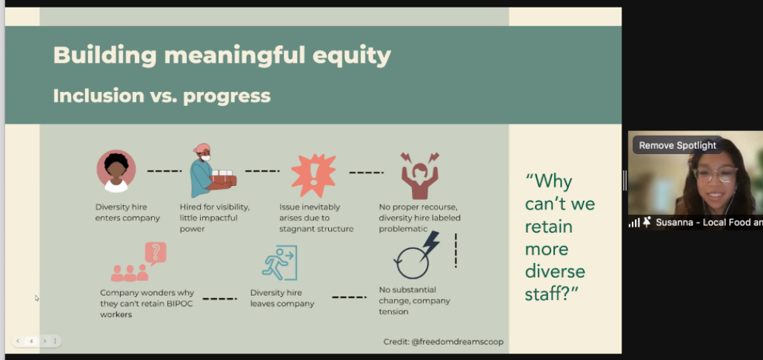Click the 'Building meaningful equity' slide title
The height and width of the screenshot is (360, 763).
tap(222, 55)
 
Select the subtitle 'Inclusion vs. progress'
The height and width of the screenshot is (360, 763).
tap(161, 96)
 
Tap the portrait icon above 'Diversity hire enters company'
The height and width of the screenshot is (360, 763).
tap(116, 171)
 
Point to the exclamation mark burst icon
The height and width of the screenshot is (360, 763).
tap(313, 176)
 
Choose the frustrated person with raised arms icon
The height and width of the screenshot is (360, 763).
tap(419, 175)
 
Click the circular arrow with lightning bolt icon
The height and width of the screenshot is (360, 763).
tap(416, 256)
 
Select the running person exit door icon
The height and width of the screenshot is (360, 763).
tap(279, 263)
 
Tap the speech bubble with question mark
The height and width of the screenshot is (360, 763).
tap(156, 253)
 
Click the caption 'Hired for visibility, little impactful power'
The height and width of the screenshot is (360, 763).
tap(215, 218)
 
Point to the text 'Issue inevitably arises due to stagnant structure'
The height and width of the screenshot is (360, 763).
tap(316, 218)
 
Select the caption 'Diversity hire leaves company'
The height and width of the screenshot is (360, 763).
tap(282, 299)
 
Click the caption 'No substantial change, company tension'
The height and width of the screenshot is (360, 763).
tap(415, 301)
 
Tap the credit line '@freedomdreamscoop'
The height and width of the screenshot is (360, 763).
tap(457, 341)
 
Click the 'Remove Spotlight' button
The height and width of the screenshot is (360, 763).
tap(677, 145)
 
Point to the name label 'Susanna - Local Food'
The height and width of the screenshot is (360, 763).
tap(709, 222)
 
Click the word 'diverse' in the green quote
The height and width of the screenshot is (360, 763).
tap(555, 271)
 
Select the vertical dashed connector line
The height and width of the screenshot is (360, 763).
tap(456, 250)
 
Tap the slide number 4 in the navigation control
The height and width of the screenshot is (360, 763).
tap(31, 341)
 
